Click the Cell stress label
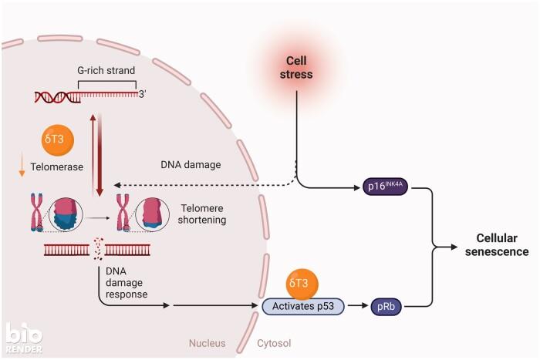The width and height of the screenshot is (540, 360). [x=297, y=67]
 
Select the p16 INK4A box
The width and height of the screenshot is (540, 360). [x=385, y=187]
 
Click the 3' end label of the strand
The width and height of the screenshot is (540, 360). [x=143, y=94]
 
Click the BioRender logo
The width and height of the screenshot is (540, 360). [x=23, y=338]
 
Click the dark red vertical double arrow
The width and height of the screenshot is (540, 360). [x=96, y=154]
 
